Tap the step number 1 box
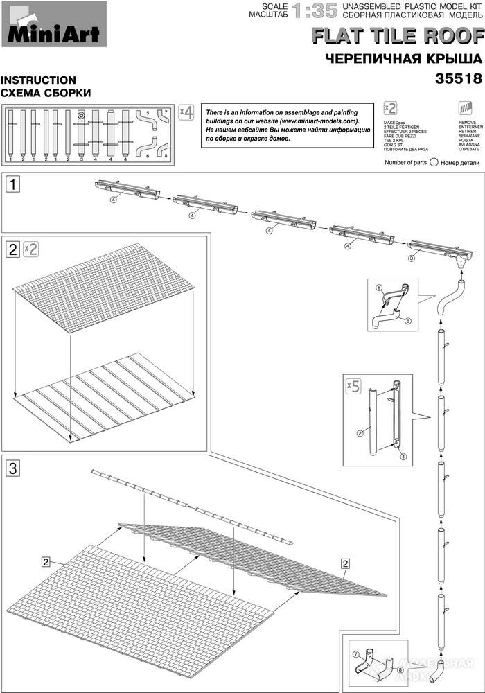tap(12, 184)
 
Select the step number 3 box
tap(12, 468)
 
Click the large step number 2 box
tap(12, 249)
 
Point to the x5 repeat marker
tap(353, 387)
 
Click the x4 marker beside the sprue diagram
tap(186, 113)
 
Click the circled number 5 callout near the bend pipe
tap(379, 287)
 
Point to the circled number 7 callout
tap(355, 653)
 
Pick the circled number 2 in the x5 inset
tap(360, 433)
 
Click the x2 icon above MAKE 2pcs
tap(390, 109)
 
